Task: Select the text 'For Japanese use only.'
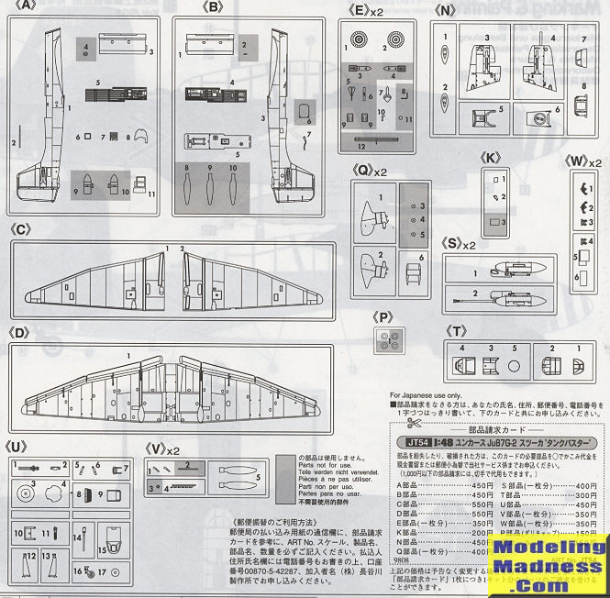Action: click(428, 394)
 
